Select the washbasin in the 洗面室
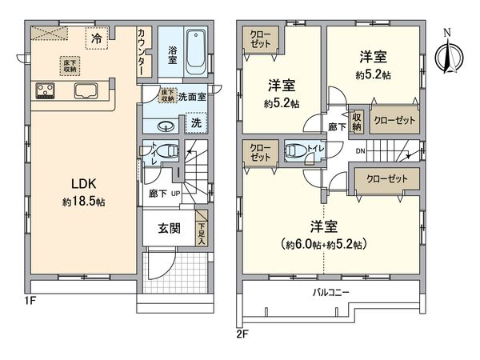click(166, 126)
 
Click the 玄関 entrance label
click(168, 228)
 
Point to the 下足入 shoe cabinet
click(202, 228)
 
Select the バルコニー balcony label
click(331, 294)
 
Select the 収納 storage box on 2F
click(357, 122)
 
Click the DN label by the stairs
click(361, 150)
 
